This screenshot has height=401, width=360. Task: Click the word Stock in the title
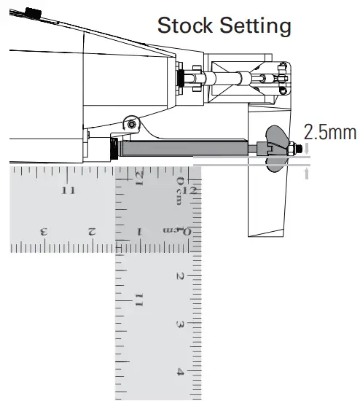tap(185, 25)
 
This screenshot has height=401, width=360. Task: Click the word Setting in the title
tap(256, 26)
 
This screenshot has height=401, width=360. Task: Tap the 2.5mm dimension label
tap(330, 132)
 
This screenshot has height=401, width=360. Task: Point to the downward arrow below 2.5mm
tap(307, 148)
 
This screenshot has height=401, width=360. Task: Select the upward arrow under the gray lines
tap(307, 174)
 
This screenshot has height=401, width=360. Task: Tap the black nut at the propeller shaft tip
tap(300, 148)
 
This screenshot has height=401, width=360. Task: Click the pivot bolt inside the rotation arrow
tap(132, 124)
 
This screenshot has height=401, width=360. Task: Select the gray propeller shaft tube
tap(184, 148)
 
